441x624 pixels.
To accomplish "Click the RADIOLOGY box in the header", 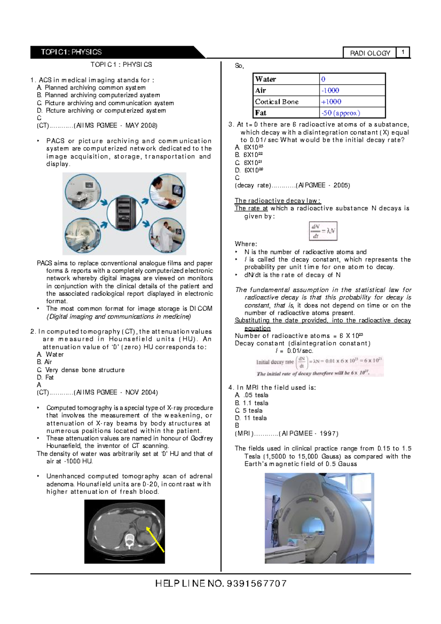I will [370, 53].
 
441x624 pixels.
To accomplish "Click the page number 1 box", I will [403, 52].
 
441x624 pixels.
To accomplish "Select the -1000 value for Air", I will [330, 90].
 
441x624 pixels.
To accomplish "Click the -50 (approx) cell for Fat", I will [340, 113].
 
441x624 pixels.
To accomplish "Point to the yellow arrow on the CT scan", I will [155, 539].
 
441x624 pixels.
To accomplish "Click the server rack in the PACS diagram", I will [124, 213].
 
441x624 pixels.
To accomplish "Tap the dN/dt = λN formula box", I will [323, 231].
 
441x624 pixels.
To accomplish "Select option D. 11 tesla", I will [251, 418].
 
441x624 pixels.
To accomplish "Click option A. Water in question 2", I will [50, 355].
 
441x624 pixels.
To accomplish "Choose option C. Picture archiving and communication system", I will [105, 103].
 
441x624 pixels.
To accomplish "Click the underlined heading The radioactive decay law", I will [277, 201].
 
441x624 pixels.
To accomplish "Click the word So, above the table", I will [239, 66].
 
